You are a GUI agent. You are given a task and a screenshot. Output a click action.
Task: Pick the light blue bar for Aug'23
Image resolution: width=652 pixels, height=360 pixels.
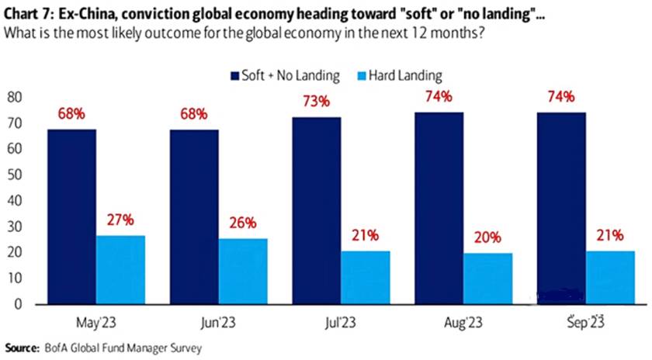(x=488, y=278)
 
